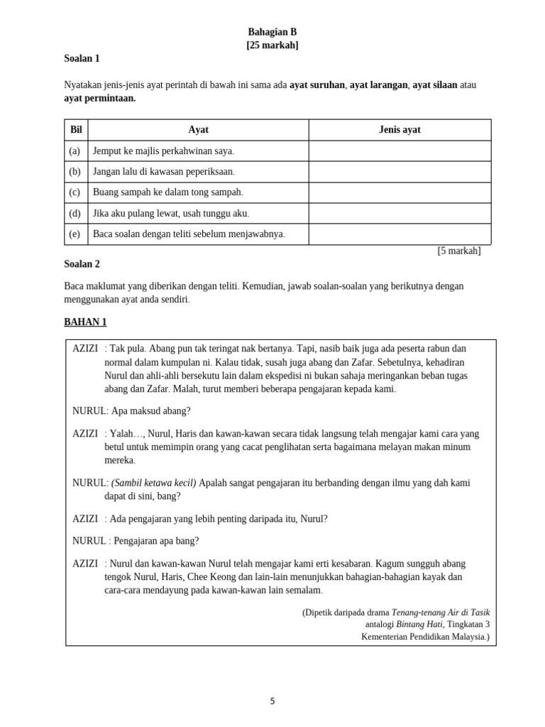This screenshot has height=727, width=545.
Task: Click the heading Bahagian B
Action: pos(272,32)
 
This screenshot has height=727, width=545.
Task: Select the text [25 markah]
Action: pos(272,45)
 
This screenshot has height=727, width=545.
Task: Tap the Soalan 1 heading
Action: pos(82,59)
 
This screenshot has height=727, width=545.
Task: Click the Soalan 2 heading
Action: pos(82,264)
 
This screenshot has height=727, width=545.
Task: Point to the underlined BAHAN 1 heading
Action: pos(85,322)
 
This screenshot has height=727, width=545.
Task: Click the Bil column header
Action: pos(76,130)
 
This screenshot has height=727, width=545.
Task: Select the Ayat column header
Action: pos(198,130)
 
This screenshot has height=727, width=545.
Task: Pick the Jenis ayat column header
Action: pos(400,130)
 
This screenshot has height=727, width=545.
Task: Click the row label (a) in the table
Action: pos(75,151)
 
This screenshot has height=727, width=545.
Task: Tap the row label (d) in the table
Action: pos(75,214)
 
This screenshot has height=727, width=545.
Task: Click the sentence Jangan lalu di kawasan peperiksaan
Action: pos(164,172)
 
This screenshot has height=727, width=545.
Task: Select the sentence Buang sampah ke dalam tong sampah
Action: pos(168,192)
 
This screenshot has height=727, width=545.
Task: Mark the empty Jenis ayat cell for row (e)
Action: pos(400,234)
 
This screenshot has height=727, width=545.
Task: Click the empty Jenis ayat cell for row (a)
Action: pos(400,151)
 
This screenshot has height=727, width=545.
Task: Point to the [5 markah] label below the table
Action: pos(458,251)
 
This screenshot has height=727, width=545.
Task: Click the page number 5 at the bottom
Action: pos(272,701)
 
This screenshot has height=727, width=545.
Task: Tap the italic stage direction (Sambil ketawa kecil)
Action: pos(154,483)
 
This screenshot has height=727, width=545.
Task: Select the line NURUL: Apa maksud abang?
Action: pos(131,411)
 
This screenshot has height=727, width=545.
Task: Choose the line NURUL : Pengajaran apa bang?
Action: pos(136,541)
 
